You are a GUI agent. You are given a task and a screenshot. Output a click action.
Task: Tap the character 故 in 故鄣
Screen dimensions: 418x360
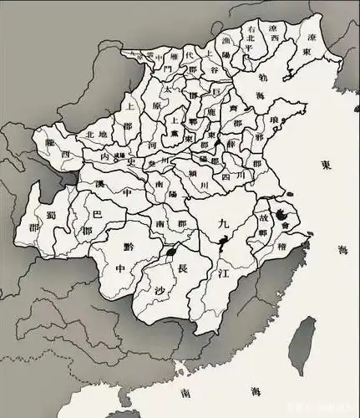coord(265,221)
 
